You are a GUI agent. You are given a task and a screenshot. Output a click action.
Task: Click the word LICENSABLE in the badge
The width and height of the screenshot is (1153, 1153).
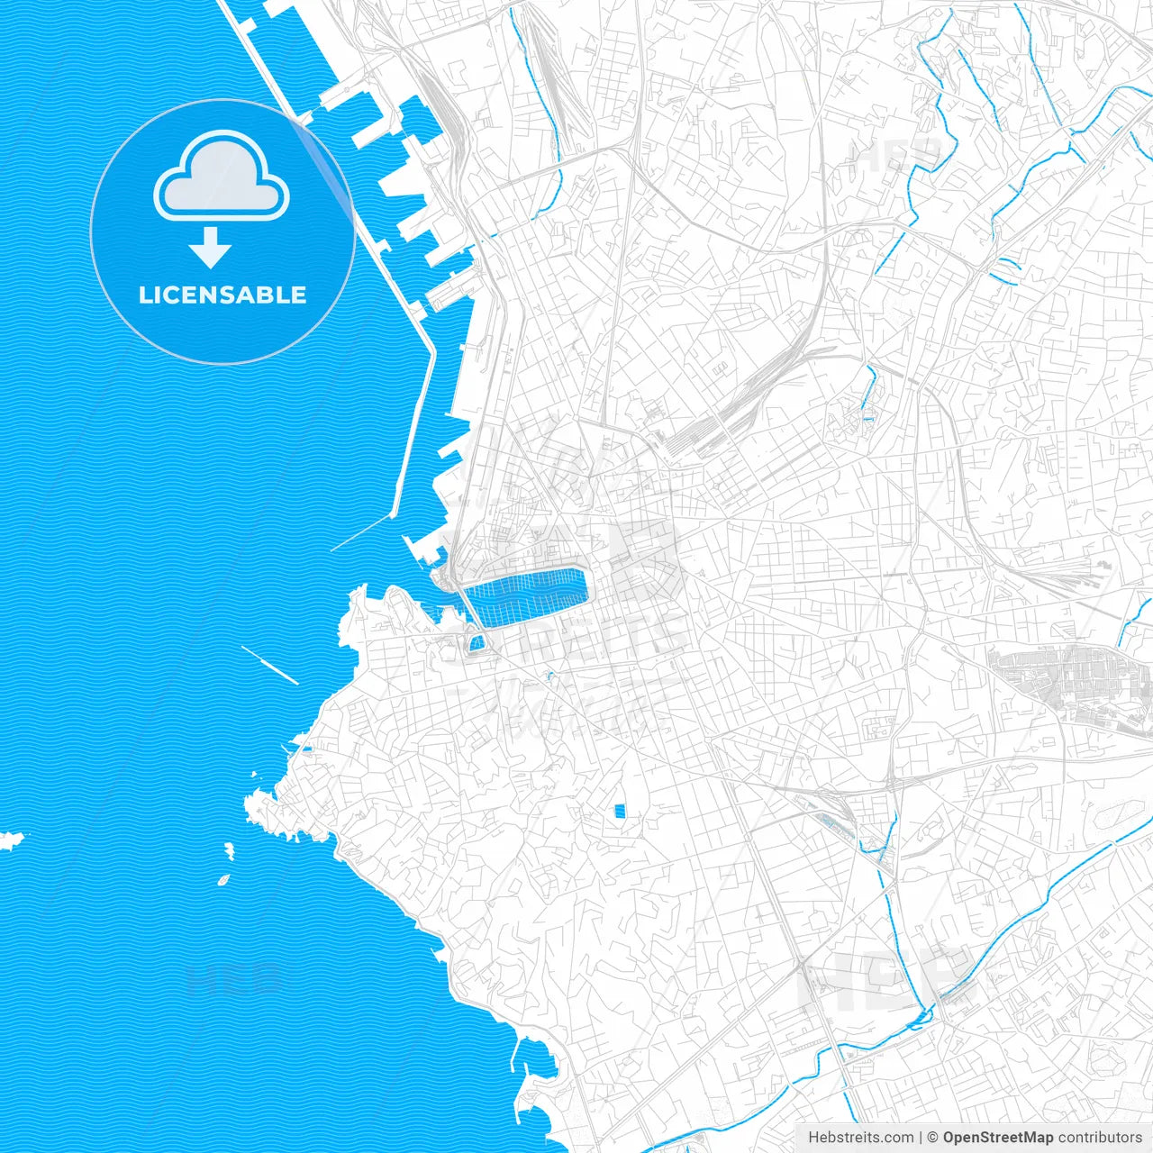(x=222, y=295)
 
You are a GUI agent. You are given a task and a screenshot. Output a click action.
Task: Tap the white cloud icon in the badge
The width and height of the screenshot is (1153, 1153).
(x=222, y=177)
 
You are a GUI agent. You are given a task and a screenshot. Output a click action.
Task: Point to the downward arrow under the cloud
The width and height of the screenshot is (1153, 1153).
(x=211, y=247)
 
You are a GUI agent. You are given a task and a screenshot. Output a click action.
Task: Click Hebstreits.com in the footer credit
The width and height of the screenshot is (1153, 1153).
(x=860, y=1138)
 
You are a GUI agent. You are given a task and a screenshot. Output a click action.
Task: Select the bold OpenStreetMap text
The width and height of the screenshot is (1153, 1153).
(x=998, y=1138)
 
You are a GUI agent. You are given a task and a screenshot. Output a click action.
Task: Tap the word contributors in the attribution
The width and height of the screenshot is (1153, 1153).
(x=1100, y=1138)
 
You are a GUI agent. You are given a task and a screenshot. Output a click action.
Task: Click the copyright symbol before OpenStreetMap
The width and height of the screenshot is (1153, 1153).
(x=933, y=1138)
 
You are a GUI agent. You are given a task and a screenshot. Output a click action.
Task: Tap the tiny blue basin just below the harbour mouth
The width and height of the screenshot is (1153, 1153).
(x=476, y=642)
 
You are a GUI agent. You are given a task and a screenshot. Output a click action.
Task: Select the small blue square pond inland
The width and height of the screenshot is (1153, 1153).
(x=619, y=811)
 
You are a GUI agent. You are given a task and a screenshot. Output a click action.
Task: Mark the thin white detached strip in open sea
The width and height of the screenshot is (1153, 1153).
(x=269, y=665)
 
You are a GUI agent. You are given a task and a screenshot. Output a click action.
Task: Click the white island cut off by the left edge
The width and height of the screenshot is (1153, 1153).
(x=11, y=840)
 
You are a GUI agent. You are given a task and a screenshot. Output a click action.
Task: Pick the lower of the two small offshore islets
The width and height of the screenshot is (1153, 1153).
(x=222, y=879)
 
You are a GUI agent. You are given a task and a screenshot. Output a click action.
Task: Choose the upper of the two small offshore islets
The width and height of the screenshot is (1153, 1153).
(x=229, y=849)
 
